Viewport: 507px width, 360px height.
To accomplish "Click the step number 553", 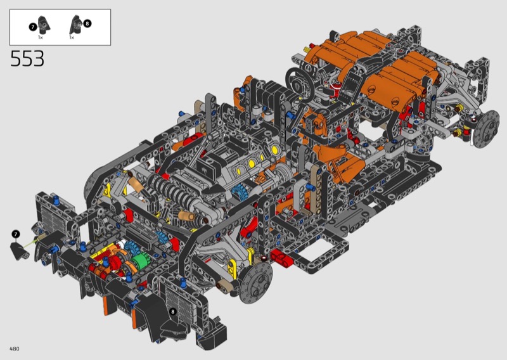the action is click(x=27, y=58).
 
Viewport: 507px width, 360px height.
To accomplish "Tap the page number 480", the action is click(x=15, y=349).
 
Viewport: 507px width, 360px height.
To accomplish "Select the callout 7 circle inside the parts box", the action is click(x=33, y=27).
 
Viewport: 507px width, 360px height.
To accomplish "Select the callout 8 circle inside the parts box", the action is click(x=87, y=23).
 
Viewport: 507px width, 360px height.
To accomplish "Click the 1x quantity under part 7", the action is click(x=41, y=37).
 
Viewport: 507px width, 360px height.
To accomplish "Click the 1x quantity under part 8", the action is click(x=72, y=37).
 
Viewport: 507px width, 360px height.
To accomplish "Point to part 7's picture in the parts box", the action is click(x=44, y=25).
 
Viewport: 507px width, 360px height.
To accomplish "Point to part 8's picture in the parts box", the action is click(x=76, y=25).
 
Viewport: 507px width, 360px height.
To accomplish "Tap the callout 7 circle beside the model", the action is click(x=15, y=234).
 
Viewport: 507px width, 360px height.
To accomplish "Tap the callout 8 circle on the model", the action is click(x=173, y=311).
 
